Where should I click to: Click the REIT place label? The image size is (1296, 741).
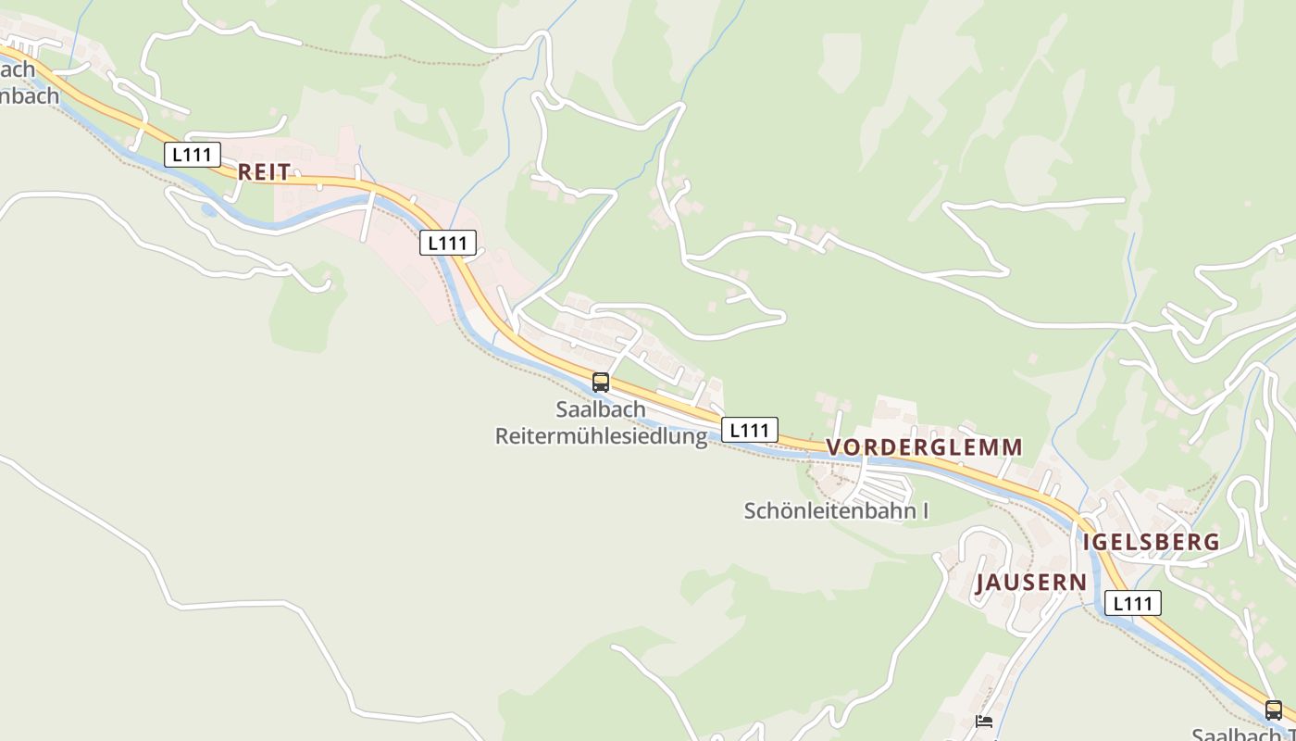click(x=264, y=171)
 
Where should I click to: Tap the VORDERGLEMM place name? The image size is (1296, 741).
click(x=924, y=447)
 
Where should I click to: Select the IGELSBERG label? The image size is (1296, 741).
click(x=1151, y=542)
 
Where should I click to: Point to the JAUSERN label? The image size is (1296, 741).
click(x=1030, y=583)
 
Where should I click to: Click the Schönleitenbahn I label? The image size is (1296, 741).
click(x=836, y=510)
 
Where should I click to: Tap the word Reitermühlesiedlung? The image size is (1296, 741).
click(x=601, y=436)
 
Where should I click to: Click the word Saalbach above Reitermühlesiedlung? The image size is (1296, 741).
click(x=601, y=409)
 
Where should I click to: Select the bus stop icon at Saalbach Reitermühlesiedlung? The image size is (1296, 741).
click(x=601, y=382)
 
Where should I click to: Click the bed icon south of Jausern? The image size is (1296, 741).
click(x=984, y=721)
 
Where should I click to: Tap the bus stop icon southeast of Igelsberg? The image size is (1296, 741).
click(x=1274, y=710)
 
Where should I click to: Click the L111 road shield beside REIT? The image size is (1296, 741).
click(x=193, y=155)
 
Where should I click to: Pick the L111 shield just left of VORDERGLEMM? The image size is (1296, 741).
click(x=750, y=430)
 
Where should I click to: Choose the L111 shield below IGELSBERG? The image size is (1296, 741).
click(x=1132, y=604)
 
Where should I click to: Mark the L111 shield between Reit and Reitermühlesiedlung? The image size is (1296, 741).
click(x=448, y=243)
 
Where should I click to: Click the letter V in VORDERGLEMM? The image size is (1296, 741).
click(x=833, y=447)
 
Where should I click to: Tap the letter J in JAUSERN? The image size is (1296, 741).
click(x=981, y=583)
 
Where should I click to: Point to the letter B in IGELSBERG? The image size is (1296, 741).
click(x=1166, y=542)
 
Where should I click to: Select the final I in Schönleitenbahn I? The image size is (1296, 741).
click(x=924, y=510)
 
